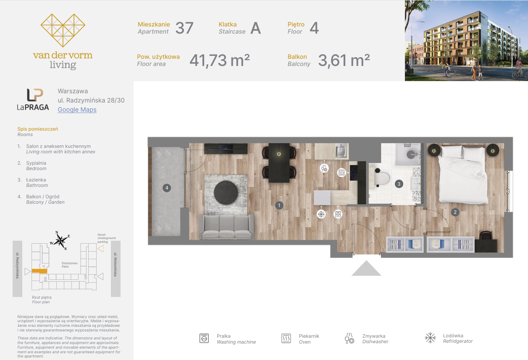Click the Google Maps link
[x=77, y=110]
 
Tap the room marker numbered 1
[x=279, y=205]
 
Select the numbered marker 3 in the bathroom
[x=399, y=184]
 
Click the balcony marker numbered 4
[x=167, y=188]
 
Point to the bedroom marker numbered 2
[x=455, y=212]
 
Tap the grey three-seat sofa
[x=226, y=226]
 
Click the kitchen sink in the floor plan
[x=341, y=151]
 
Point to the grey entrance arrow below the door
[x=366, y=268]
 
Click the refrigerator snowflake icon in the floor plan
[x=321, y=214]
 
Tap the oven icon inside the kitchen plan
[x=341, y=173]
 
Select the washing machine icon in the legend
[x=204, y=338]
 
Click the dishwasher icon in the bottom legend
[x=349, y=338]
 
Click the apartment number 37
[x=184, y=28]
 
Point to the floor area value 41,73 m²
[x=219, y=60]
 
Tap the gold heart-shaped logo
[x=63, y=30]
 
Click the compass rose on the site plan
[x=61, y=240]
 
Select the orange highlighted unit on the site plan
[x=39, y=271]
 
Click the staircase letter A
[x=255, y=28]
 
